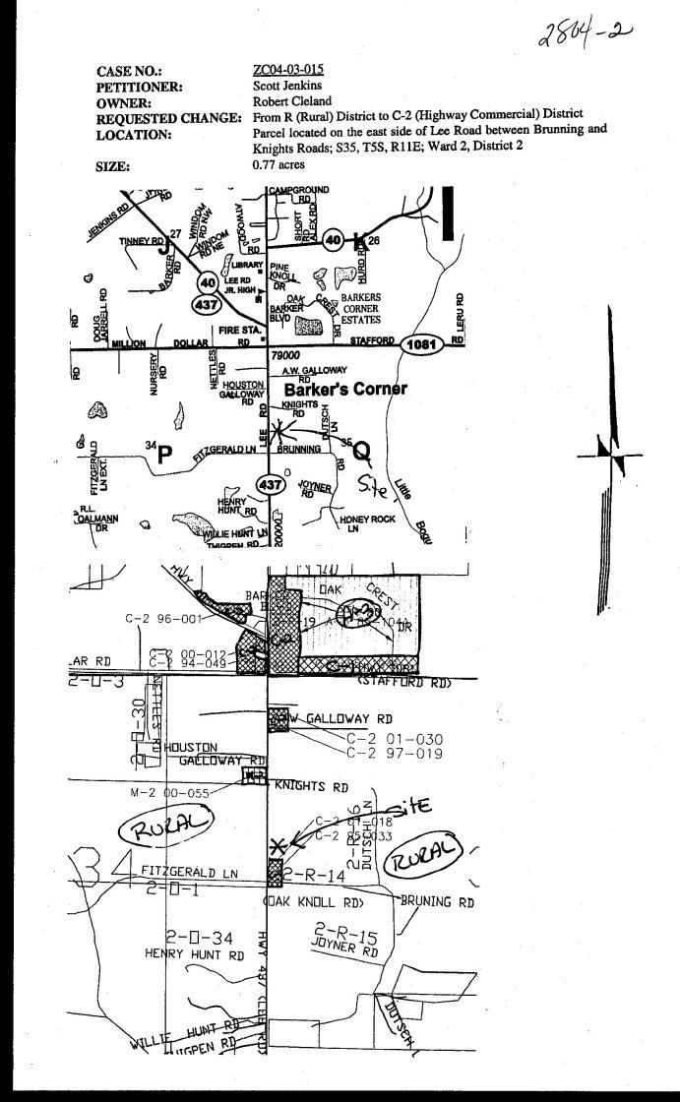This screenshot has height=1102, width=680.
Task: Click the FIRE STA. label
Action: (240, 331)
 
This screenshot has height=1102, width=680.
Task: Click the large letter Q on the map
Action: (362, 452)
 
